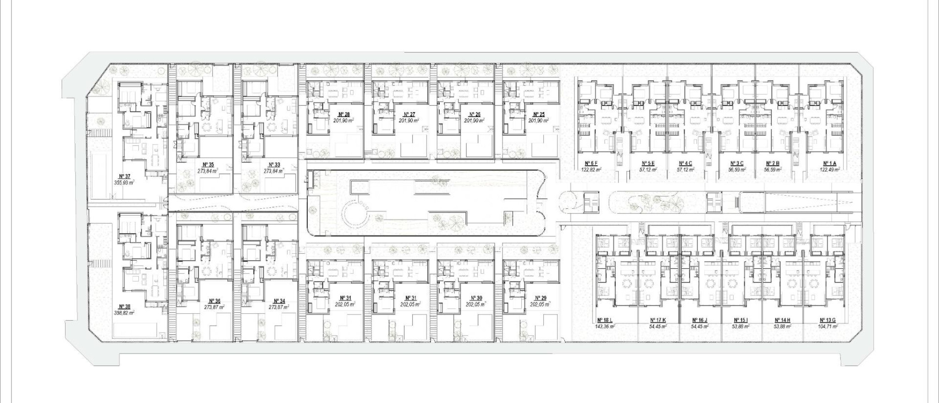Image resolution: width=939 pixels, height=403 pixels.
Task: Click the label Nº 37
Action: pyautogui.click(x=124, y=176)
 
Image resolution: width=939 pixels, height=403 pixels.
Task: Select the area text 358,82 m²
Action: pyautogui.click(x=124, y=313)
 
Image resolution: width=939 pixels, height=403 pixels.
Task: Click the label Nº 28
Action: pyautogui.click(x=344, y=114)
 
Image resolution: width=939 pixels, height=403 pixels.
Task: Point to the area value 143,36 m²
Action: pyautogui.click(x=605, y=327)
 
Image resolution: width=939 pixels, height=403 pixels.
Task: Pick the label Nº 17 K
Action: pyautogui.click(x=658, y=321)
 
